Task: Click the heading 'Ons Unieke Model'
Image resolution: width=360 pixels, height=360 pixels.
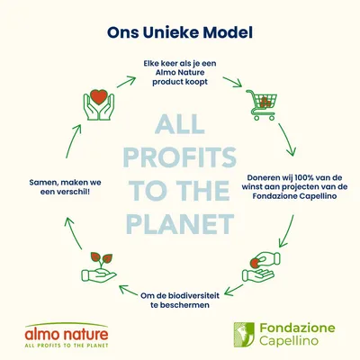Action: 180,32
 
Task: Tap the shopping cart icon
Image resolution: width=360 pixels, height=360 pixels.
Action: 262,104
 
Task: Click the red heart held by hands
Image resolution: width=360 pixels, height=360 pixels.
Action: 99,96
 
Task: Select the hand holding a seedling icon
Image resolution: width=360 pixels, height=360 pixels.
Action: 99,267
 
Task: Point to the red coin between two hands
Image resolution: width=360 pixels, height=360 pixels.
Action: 255,264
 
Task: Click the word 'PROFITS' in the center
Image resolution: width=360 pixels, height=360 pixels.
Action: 180,157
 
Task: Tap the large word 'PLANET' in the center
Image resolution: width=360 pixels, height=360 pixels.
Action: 180,224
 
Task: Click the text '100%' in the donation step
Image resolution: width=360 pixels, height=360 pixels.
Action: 305,177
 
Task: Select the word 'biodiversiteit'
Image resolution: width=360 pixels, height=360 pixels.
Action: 192,295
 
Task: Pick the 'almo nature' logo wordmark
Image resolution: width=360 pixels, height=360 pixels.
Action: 67,335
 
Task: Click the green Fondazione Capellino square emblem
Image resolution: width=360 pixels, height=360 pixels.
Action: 244,335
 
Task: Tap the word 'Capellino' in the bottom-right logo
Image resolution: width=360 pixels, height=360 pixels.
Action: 289,341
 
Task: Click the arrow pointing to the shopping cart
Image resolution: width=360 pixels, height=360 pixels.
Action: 232,82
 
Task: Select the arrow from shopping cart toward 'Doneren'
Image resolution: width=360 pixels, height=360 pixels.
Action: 287,139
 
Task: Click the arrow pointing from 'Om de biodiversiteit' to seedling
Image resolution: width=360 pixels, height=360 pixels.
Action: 128,289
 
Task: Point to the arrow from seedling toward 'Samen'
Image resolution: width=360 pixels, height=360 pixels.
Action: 73,233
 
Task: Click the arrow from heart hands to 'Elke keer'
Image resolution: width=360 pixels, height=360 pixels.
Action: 126,82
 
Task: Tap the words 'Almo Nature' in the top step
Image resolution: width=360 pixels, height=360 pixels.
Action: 180,73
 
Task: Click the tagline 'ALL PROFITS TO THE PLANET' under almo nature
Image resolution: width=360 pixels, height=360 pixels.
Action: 67,346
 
